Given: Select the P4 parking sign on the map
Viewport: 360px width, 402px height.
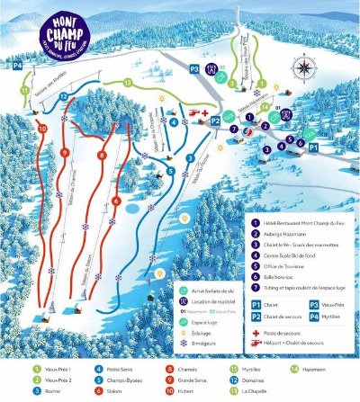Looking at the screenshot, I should pyautogui.click(x=17, y=66).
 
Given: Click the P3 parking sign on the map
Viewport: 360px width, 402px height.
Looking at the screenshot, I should pyautogui.click(x=194, y=67).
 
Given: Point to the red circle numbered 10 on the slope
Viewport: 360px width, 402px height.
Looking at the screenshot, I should pyautogui.click(x=41, y=129).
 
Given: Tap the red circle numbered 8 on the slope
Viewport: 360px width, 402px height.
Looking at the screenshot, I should pyautogui.click(x=102, y=156).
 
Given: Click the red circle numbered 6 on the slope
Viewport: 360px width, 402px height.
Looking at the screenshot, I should pyautogui.click(x=117, y=201).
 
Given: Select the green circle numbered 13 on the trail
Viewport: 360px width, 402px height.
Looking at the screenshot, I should pyautogui.click(x=128, y=82).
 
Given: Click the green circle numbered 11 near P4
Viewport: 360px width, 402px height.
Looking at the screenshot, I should pyautogui.click(x=24, y=88).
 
